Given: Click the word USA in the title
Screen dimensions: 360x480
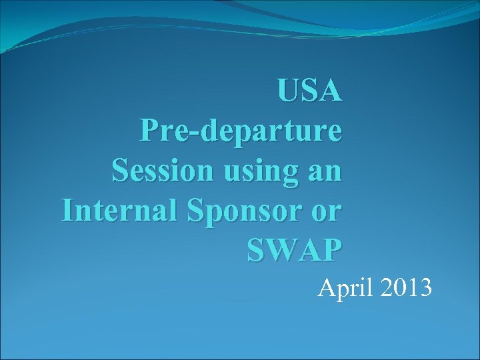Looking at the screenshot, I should (310, 91).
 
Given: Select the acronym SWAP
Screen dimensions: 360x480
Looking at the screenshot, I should (294, 250).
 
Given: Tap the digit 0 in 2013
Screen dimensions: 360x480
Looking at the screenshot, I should (398, 288).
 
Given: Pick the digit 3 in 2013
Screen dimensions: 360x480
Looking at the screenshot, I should (426, 288).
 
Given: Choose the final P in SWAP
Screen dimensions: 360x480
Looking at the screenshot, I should (331, 250).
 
